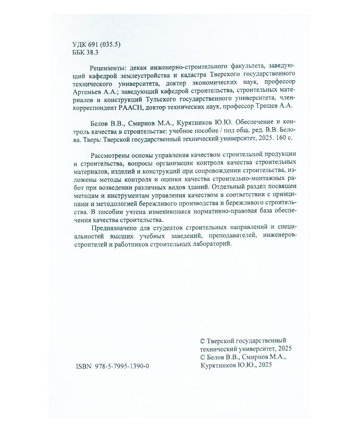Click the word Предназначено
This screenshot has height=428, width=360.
click(x=116, y=227)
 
